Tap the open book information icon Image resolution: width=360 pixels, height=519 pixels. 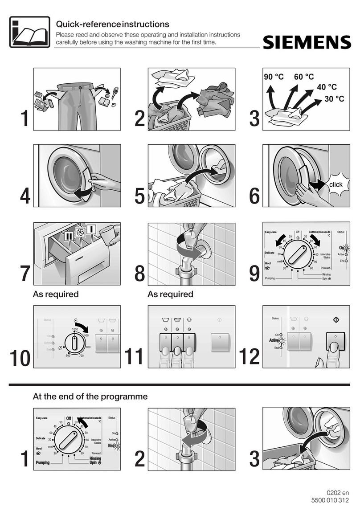point(29,32)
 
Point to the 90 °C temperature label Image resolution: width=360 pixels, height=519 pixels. point(274,77)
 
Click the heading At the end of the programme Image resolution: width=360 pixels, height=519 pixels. point(90,396)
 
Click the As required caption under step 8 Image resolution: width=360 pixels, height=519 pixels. point(170,294)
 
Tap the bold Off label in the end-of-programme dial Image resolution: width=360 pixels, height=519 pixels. point(69,418)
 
